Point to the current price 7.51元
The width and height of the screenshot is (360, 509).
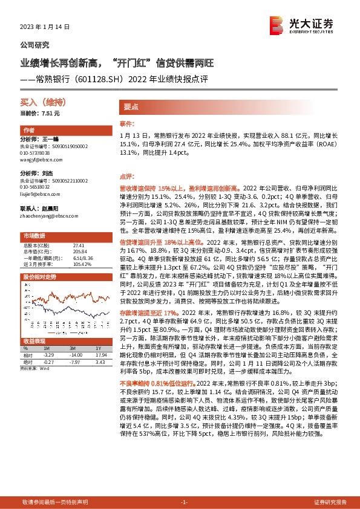point(50,113)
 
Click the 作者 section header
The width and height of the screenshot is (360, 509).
point(28,130)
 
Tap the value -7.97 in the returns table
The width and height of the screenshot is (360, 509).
point(75,361)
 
